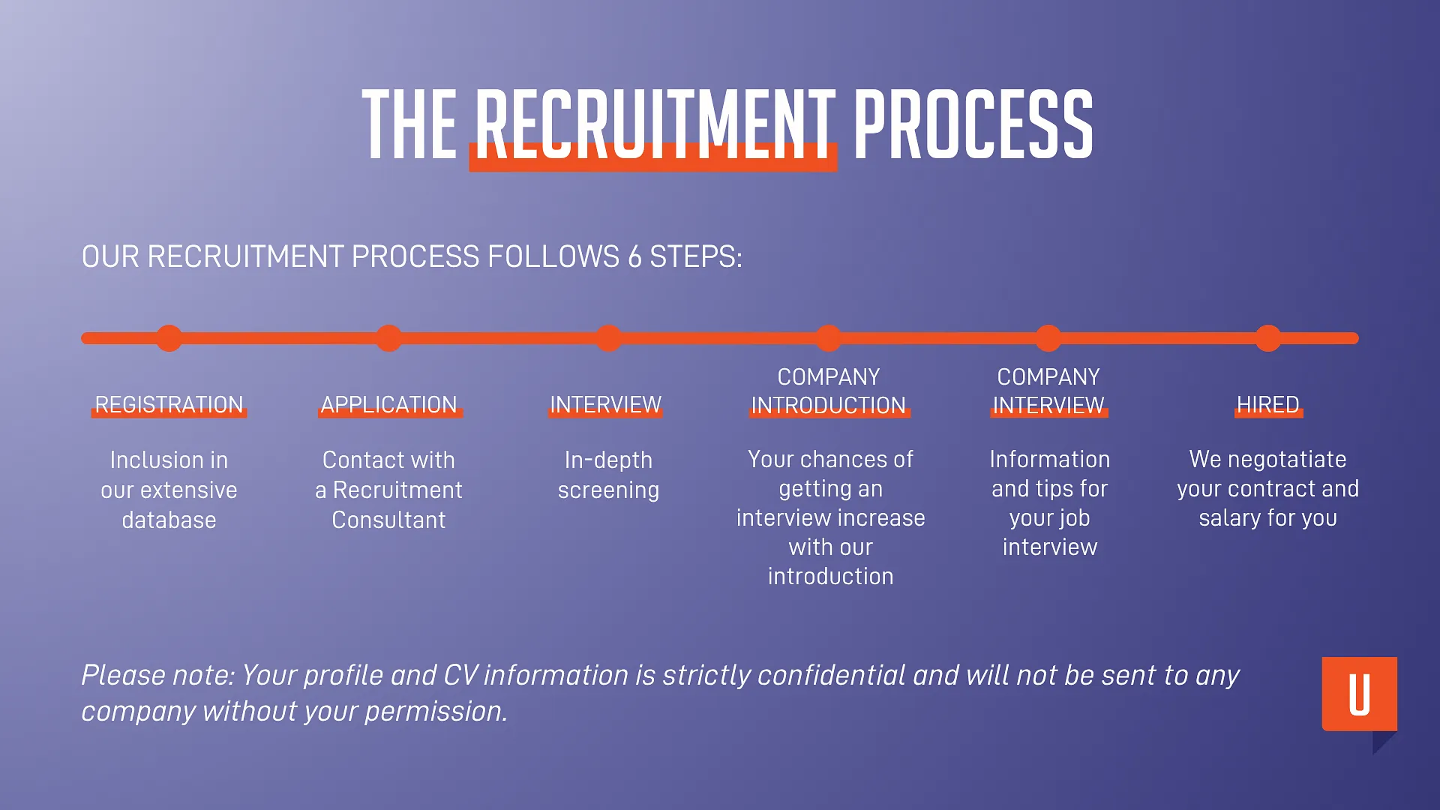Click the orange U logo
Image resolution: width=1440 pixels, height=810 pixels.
tap(1359, 694)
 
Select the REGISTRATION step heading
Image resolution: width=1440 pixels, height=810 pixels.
tap(169, 405)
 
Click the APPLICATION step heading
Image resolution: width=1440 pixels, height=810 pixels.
tap(388, 405)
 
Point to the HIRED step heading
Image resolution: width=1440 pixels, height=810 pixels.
tap(1267, 405)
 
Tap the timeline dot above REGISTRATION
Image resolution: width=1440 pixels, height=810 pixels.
tap(169, 338)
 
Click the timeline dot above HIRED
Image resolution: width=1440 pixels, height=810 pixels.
tap(1267, 338)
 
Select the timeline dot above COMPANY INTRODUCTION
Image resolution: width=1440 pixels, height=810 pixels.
tap(828, 338)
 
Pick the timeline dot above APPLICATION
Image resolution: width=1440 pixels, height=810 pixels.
tap(388, 338)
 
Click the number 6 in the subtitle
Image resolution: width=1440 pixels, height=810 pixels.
tap(634, 257)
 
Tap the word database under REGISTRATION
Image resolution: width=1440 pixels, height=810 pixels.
tap(169, 520)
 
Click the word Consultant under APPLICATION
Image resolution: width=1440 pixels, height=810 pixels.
tap(388, 520)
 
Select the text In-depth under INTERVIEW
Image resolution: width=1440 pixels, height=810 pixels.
tap(608, 460)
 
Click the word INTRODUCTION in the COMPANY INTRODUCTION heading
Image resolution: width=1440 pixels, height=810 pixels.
tap(828, 406)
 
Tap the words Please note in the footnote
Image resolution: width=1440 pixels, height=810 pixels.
tap(157, 676)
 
